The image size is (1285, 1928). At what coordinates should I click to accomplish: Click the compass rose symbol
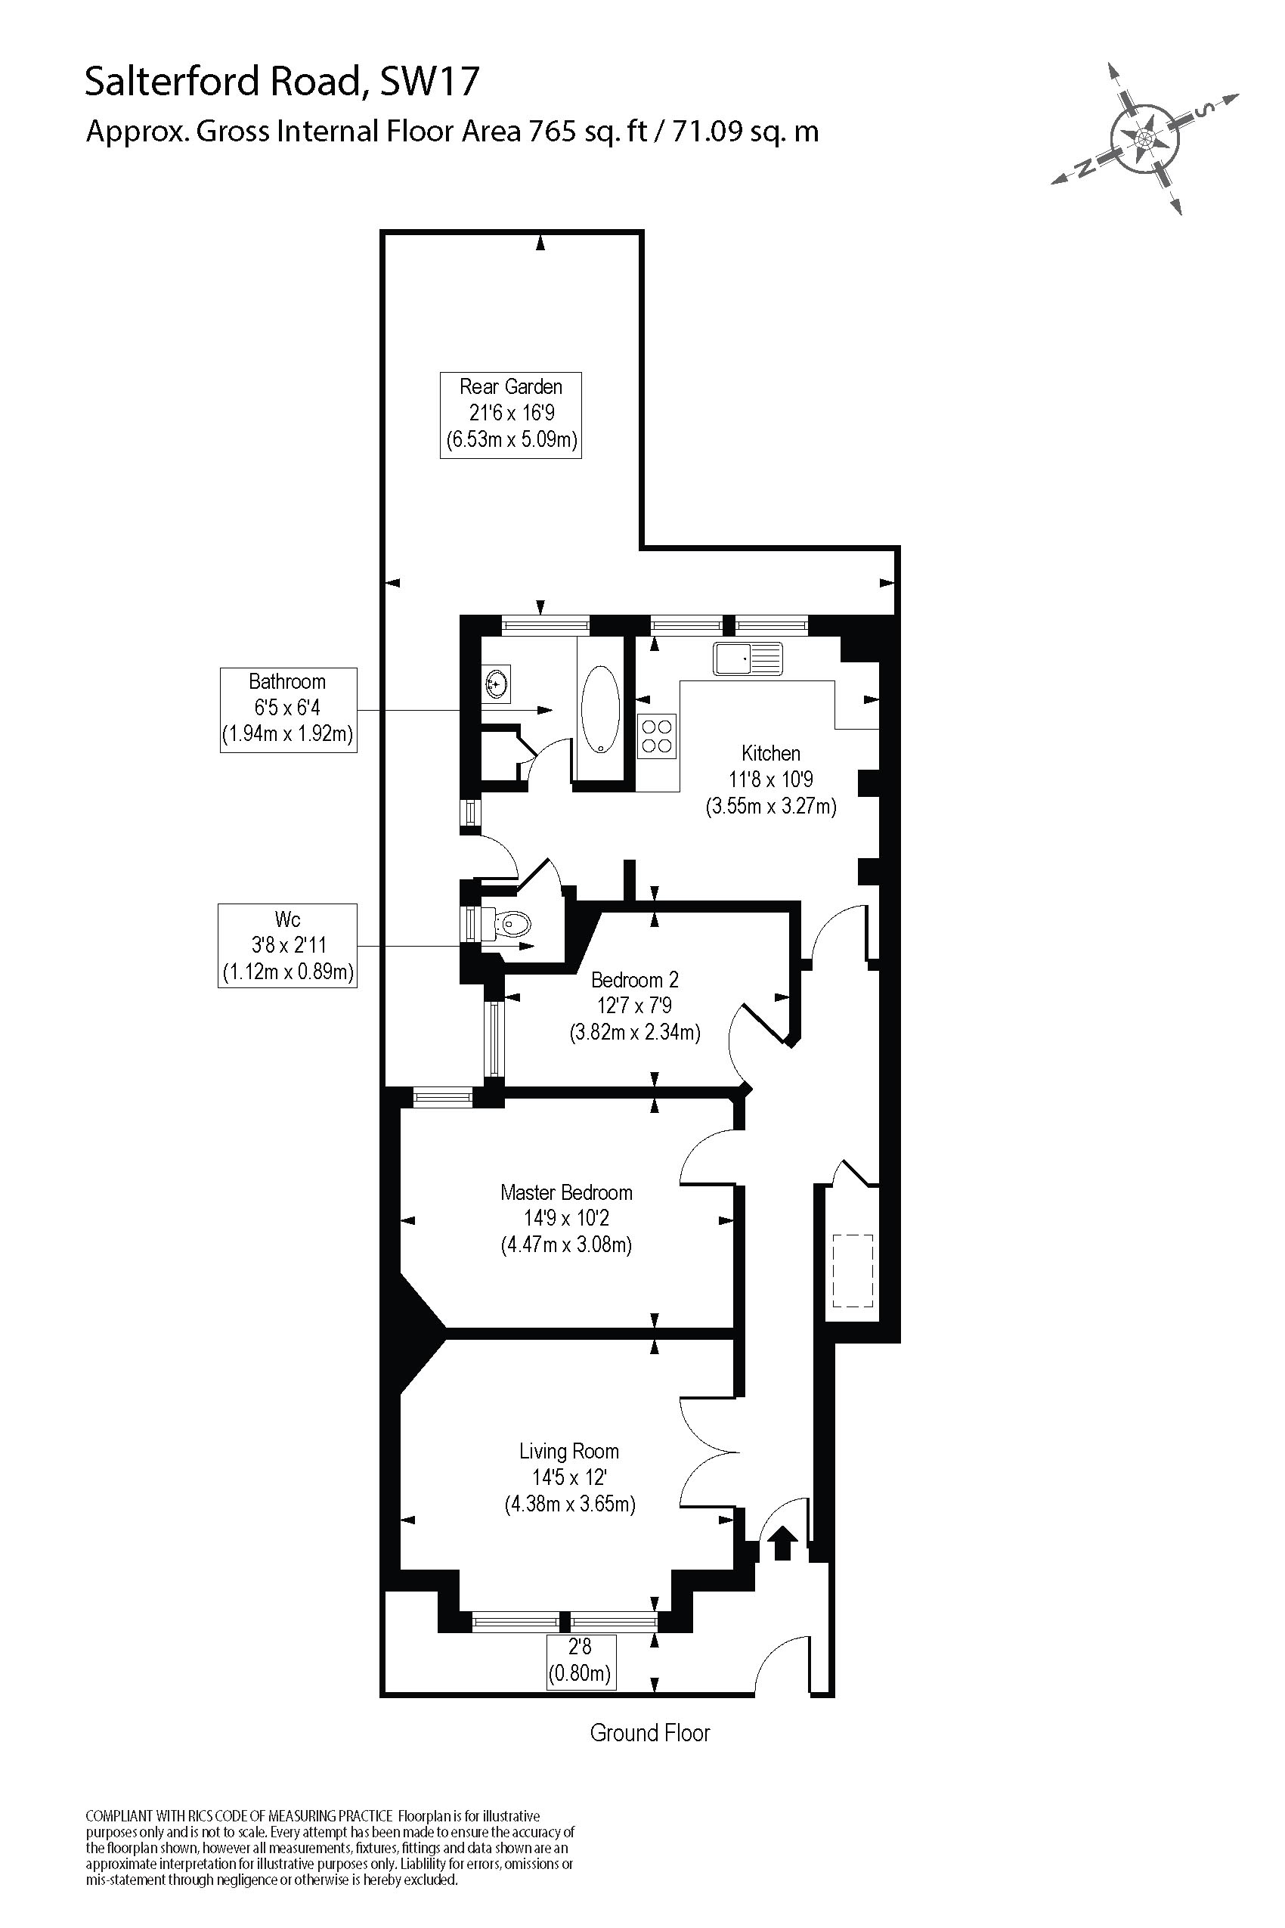1144,138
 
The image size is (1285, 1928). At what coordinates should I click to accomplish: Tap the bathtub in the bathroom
601,709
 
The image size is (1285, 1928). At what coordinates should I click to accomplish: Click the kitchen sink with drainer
748,659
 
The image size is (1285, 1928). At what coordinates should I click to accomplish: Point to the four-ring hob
656,736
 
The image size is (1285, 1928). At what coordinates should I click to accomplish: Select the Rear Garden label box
510,415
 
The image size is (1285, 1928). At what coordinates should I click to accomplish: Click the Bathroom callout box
288,710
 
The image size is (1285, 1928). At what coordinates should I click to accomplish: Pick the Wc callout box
288,945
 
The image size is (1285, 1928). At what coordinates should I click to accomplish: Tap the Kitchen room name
770,753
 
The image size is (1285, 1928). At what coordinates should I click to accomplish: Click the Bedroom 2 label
634,980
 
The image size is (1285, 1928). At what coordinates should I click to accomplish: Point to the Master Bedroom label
566,1192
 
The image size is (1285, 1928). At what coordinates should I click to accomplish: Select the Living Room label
568,1452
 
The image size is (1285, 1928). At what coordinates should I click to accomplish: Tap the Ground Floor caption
650,1733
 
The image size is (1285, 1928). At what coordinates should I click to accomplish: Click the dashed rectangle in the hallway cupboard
853,1270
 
